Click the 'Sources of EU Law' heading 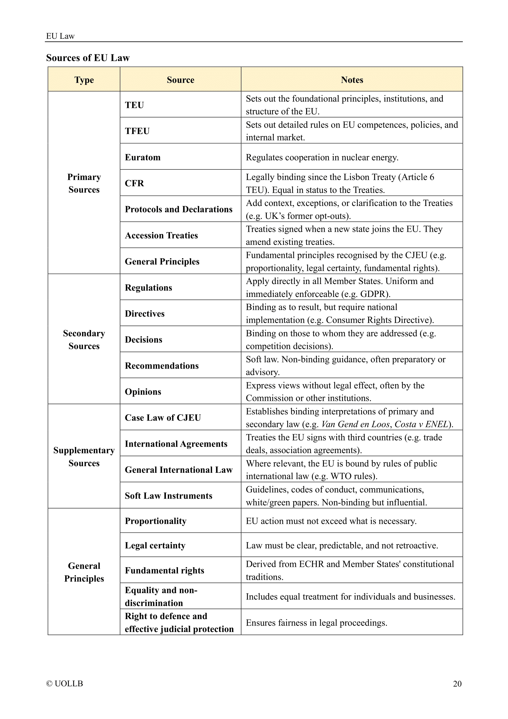(88, 58)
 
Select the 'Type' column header (84, 80)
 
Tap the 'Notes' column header (352, 80)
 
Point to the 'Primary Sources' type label (84, 183)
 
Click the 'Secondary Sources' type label (84, 339)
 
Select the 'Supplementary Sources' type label (84, 456)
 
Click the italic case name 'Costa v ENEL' (421, 424)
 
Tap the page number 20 (457, 683)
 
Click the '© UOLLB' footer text (65, 683)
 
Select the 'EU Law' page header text (61, 36)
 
